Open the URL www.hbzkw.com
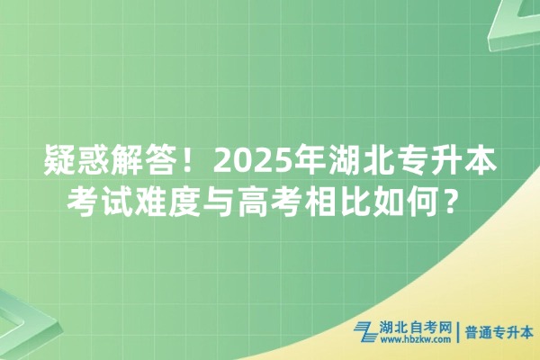coord(416,341)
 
